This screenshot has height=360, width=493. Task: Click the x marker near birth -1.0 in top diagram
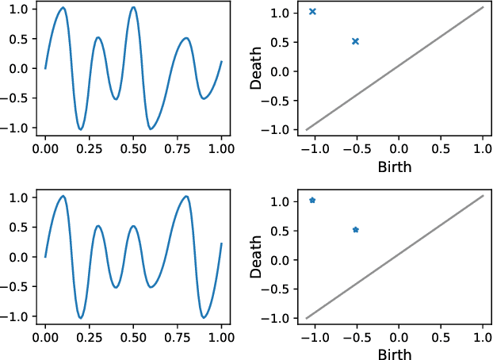[312, 11]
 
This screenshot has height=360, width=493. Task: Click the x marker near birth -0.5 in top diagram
[355, 41]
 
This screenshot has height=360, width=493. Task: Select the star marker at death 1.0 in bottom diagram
[312, 200]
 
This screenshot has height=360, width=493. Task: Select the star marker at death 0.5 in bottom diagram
[355, 230]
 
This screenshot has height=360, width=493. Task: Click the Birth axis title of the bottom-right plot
[395, 353]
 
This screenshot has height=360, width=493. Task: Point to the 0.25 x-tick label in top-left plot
[90, 147]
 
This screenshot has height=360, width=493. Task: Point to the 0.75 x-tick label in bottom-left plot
[178, 336]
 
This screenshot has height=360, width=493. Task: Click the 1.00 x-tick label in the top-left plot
[221, 147]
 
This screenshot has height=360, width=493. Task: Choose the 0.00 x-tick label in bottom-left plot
[45, 336]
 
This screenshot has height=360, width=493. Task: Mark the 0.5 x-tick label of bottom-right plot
[441, 336]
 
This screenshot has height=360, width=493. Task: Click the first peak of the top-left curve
[63, 8]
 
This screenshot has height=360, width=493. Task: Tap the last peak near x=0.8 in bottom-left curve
[186, 197]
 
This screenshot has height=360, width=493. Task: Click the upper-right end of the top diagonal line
[483, 7]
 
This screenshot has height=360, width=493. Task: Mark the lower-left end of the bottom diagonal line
[306, 318]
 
